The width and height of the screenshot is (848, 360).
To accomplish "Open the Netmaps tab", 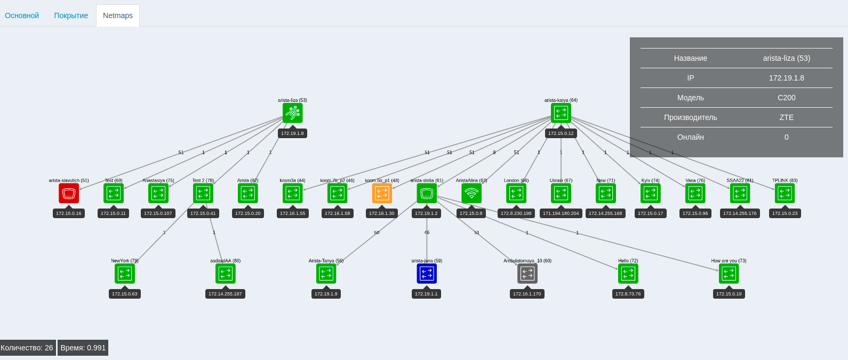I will [x=118, y=15].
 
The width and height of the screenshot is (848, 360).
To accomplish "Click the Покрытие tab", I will [x=71, y=15].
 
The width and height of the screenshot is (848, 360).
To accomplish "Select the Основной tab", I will [x=22, y=15].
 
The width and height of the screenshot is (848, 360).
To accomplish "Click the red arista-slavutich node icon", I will [x=69, y=193].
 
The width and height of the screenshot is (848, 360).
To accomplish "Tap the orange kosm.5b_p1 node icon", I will [x=382, y=193].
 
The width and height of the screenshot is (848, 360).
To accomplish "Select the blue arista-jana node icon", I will [x=427, y=274].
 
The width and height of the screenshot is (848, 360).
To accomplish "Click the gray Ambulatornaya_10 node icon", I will [x=527, y=274].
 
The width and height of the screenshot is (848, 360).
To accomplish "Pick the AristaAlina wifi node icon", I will [x=471, y=193].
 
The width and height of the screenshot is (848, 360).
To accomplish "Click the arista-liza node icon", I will [x=293, y=113].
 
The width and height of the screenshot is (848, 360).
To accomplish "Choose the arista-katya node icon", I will [x=561, y=113].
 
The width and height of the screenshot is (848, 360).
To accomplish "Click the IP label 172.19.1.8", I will [x=292, y=133].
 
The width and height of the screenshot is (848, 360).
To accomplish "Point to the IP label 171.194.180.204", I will [x=561, y=213].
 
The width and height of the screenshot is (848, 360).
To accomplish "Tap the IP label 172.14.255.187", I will [x=225, y=294].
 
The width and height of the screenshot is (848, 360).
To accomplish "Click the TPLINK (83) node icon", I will [x=785, y=193].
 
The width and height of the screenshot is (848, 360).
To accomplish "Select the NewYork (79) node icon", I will [x=125, y=274].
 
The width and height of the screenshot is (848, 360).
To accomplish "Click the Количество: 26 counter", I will [x=27, y=348].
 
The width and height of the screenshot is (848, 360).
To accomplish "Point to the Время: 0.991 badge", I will [x=83, y=348].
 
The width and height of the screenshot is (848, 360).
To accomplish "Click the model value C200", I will [x=786, y=98].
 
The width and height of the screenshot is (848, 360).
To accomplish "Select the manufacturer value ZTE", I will [x=786, y=117].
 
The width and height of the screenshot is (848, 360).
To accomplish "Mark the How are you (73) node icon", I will [x=729, y=274].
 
